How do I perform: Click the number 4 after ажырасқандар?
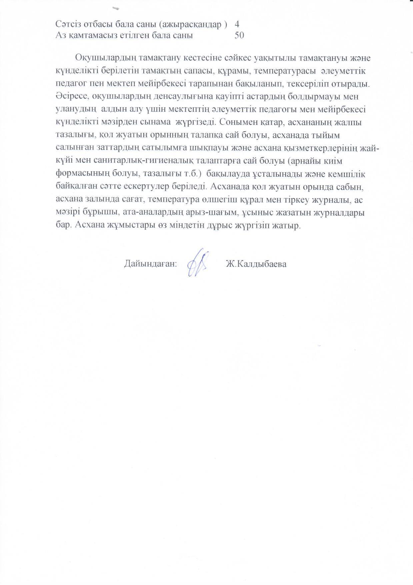[x=237, y=24]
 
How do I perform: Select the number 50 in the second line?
[x=239, y=35]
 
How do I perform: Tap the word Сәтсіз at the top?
[x=67, y=24]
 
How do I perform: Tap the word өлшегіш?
[x=217, y=200]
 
